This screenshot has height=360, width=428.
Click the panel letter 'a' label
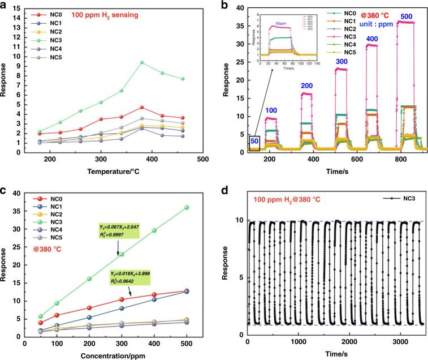[x=5, y=5]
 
